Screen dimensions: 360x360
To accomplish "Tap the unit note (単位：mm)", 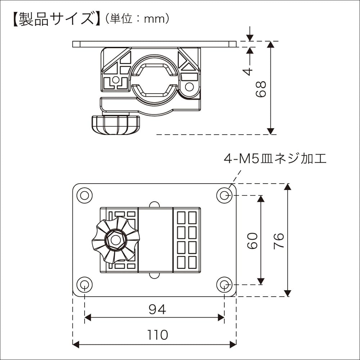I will point(137,19).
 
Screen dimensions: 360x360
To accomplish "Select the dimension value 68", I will point(261,89).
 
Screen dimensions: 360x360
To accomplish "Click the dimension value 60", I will point(252,240).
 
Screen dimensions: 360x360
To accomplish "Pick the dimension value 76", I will point(279,240).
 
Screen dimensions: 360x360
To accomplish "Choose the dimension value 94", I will point(157,309).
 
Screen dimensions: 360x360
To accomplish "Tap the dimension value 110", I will point(157,335).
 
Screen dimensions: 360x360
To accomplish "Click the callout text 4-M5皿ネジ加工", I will point(275,159).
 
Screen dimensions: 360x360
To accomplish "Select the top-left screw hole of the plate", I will point(84,195).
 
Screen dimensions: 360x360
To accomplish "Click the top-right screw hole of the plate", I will point(224,195).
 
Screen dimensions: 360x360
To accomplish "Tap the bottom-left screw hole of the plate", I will point(84,285).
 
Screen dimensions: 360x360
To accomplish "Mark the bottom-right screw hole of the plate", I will point(224,285).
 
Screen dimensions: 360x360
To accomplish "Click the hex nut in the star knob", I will point(115,240).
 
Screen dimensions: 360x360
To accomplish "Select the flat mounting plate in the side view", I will point(154,44).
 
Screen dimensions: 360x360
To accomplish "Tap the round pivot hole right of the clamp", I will point(189,86).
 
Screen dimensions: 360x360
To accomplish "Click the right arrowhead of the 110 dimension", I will point(233,345).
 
